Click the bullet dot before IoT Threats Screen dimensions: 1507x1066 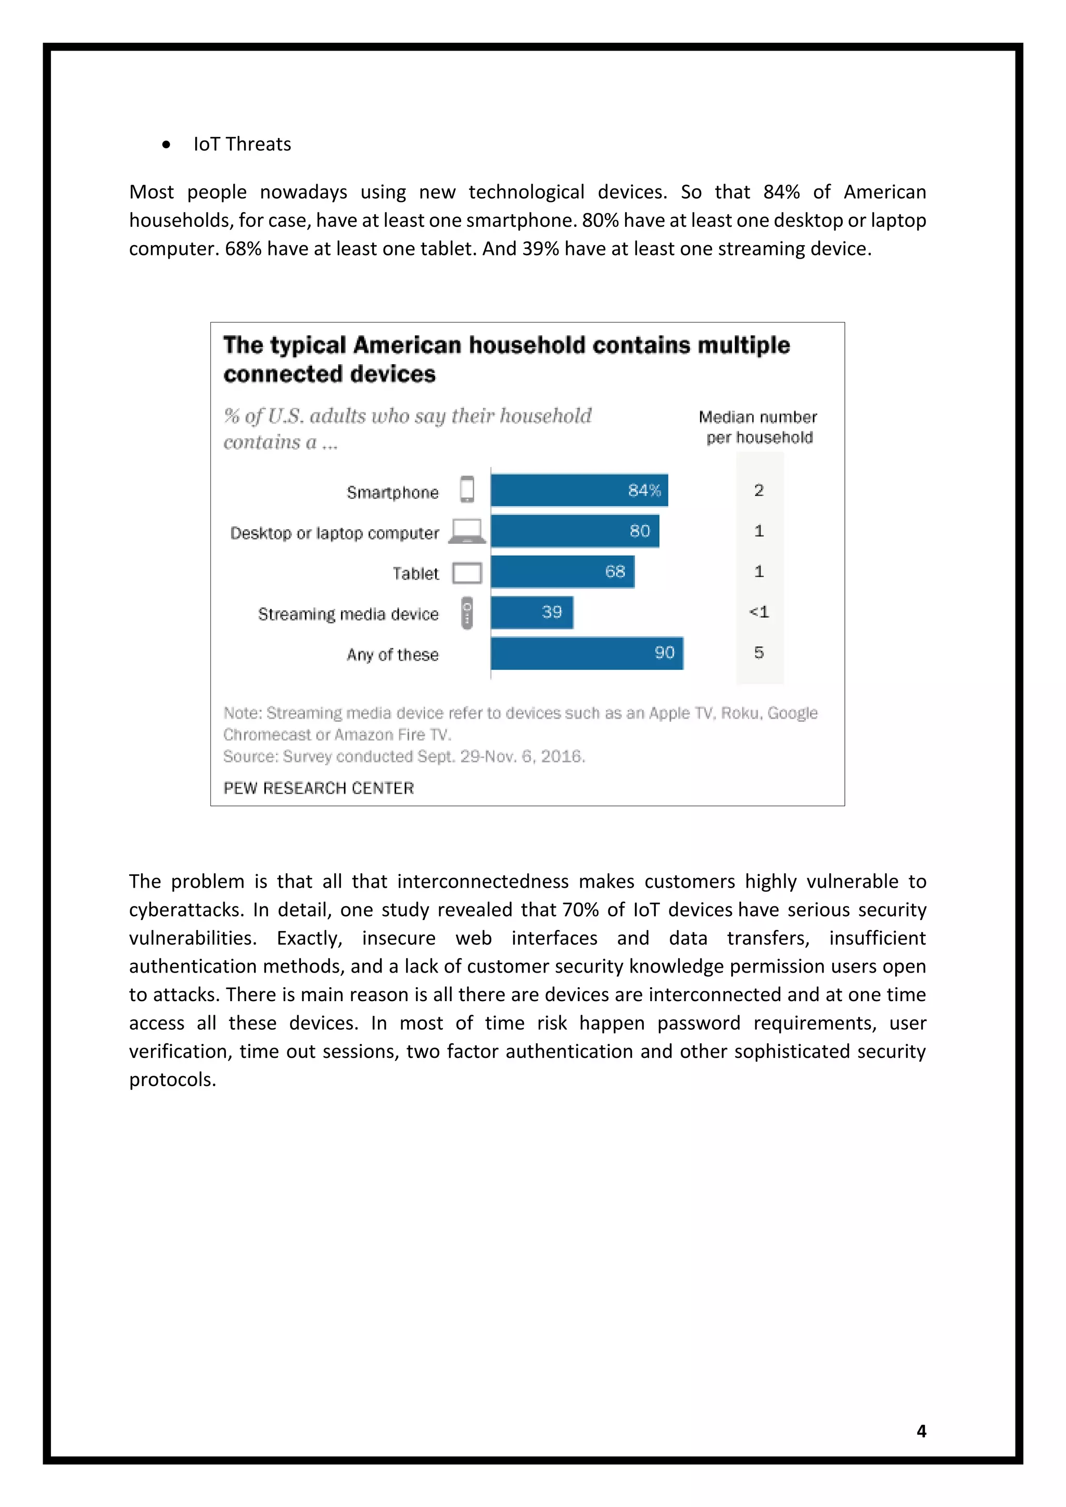[x=166, y=144]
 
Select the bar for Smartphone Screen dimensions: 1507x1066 [x=579, y=490]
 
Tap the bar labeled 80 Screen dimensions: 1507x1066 [x=574, y=531]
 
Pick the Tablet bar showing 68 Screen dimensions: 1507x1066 [x=563, y=572]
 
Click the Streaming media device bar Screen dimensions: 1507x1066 [x=531, y=612]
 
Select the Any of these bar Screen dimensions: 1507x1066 [x=587, y=653]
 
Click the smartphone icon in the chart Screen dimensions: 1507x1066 [x=467, y=490]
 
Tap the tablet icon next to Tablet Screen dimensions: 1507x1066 [x=467, y=573]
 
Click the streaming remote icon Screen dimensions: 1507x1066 [x=467, y=613]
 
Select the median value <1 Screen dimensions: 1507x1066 [x=759, y=612]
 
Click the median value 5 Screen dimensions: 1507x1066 [x=759, y=653]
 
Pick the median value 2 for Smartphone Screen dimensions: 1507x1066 [x=759, y=490]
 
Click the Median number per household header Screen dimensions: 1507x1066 [x=758, y=427]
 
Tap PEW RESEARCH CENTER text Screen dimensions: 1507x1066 [x=319, y=788]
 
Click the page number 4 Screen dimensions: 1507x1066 [x=921, y=1431]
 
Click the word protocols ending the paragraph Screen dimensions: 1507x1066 [x=172, y=1080]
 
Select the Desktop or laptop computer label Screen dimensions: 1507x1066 [x=334, y=533]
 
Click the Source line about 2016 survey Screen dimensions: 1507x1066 [x=404, y=757]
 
